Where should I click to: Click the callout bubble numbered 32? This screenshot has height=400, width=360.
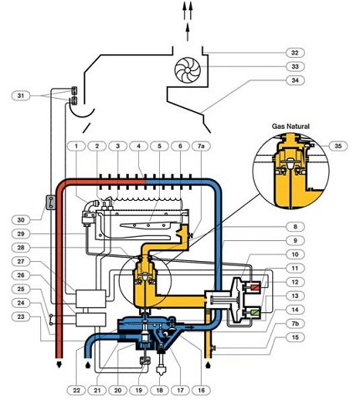[295, 53]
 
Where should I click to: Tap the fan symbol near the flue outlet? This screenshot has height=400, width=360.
[188, 69]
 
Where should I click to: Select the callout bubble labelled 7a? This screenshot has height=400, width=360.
[201, 146]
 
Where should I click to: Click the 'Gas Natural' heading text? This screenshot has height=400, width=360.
[291, 126]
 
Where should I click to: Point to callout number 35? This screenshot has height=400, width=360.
[337, 146]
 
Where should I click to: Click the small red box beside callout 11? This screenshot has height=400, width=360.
[255, 287]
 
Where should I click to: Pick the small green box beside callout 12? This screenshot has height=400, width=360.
[255, 312]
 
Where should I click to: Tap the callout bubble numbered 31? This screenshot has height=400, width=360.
[21, 95]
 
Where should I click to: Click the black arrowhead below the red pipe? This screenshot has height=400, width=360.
[59, 365]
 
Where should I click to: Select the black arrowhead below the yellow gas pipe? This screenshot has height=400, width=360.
[208, 365]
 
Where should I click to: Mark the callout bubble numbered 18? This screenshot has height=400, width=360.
[160, 390]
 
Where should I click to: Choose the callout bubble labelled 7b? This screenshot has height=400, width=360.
[295, 324]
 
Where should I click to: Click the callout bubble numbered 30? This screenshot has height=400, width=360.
[21, 220]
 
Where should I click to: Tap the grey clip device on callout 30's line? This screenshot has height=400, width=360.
[50, 202]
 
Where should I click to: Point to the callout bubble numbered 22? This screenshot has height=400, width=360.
[76, 390]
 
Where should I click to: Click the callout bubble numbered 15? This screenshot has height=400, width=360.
[295, 337]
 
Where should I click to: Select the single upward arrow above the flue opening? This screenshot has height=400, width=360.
[188, 33]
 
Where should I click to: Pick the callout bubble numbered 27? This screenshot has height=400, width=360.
[21, 261]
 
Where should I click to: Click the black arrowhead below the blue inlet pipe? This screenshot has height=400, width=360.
[88, 365]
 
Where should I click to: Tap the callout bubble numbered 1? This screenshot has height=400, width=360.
[76, 146]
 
